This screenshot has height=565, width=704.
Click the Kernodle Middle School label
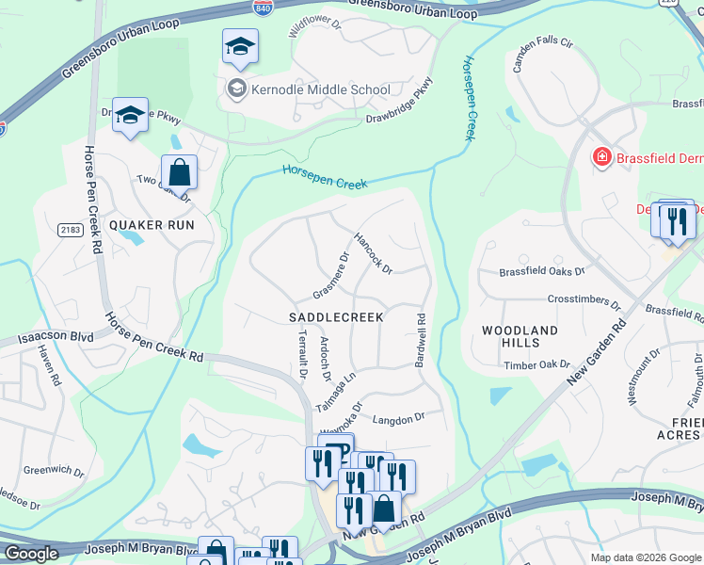319,90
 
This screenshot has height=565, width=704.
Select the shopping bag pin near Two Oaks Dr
179,173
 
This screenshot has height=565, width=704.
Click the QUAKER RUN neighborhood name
152,225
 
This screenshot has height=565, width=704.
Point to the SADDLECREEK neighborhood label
336,317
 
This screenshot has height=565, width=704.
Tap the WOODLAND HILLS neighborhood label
520,337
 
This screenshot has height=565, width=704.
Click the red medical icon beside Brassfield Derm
600,157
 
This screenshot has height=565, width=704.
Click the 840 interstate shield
264,8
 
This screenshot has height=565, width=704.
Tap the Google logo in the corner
31,554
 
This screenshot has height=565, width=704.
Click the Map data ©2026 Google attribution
645,557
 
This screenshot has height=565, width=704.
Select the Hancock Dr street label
373,252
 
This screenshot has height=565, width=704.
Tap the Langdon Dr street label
400,416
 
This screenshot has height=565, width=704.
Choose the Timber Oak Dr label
537,364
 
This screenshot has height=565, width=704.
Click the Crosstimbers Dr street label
584,303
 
